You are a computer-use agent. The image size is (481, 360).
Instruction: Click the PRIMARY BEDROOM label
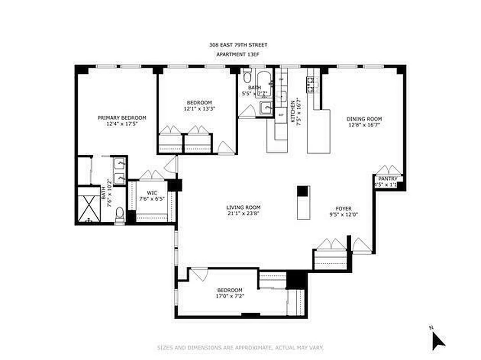(122, 118)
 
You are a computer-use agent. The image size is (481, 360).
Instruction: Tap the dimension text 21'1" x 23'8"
(243, 214)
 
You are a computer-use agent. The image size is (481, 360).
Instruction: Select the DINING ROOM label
(364, 119)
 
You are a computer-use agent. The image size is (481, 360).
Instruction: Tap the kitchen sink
(281, 96)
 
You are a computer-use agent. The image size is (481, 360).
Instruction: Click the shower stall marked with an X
(89, 205)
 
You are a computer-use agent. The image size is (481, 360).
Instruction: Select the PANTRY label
(387, 178)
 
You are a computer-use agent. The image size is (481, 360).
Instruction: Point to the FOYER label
(343, 209)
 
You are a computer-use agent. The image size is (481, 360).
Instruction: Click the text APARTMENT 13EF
(238, 54)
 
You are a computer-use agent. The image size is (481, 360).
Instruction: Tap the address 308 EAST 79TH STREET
(238, 45)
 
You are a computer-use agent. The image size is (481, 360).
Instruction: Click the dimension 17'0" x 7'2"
(230, 296)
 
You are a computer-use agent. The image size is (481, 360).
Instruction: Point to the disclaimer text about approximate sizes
(240, 348)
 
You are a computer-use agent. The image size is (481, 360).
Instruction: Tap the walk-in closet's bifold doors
(152, 175)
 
